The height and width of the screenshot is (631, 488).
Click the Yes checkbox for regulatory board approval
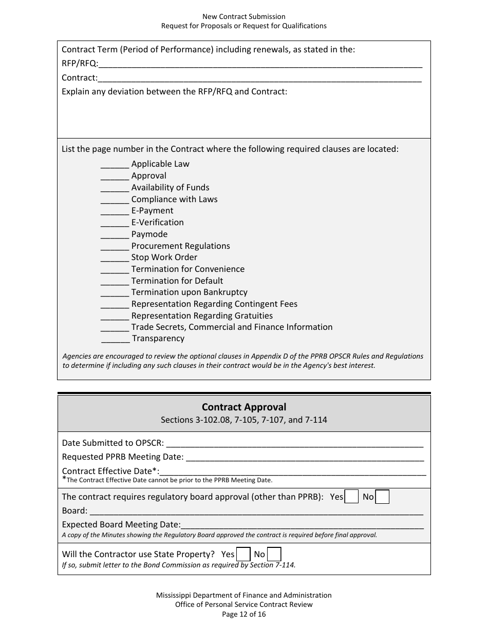click(351, 497)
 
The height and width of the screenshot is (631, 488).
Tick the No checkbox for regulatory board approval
click(382, 497)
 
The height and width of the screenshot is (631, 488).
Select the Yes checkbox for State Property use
click(243, 555)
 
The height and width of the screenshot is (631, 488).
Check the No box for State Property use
click(274, 555)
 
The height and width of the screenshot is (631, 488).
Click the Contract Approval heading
click(244, 407)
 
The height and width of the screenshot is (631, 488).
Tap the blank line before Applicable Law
click(115, 165)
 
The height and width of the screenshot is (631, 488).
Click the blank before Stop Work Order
click(115, 258)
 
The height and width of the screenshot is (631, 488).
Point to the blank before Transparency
click(115, 339)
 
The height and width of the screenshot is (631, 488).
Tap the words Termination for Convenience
click(188, 269)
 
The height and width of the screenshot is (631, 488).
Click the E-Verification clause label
click(157, 223)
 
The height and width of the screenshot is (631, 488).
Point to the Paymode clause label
click(149, 234)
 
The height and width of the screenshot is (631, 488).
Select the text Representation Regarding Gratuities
click(202, 316)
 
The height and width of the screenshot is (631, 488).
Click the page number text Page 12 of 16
click(244, 614)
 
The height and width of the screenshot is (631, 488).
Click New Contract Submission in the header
click(244, 17)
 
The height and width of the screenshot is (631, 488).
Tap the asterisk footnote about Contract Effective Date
click(167, 481)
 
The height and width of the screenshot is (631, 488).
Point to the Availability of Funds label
click(170, 188)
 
